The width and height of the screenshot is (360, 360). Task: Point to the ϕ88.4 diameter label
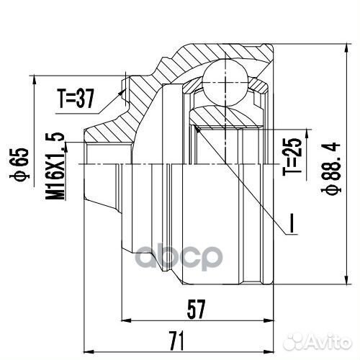point(333,167)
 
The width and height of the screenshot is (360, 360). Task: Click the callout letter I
point(292,225)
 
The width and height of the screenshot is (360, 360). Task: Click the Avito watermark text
point(324,341)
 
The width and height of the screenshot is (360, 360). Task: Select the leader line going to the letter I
point(245,180)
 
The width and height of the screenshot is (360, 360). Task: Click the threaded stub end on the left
point(94,166)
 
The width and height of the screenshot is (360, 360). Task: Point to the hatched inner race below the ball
point(223,115)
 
